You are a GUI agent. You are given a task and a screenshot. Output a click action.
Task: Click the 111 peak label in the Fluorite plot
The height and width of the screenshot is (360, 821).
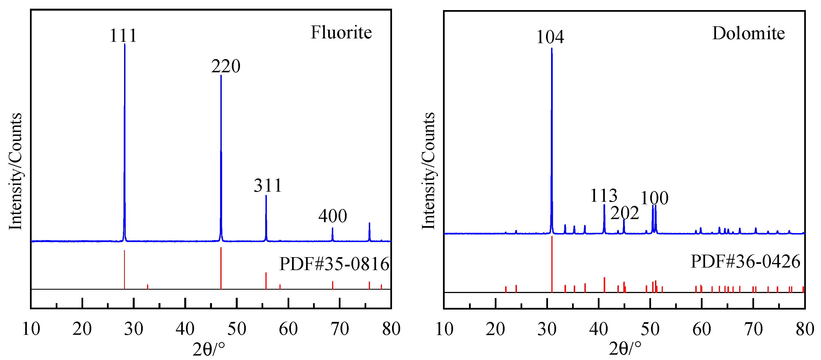click(123, 35)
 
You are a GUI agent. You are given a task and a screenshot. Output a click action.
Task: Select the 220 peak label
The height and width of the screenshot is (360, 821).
click(226, 66)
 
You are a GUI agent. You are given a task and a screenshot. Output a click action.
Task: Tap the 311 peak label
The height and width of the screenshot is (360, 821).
click(268, 185)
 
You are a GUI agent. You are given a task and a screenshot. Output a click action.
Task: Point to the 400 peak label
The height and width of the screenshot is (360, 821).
click(332, 216)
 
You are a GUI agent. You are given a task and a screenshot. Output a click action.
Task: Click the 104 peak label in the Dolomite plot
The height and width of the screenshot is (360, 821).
click(550, 37)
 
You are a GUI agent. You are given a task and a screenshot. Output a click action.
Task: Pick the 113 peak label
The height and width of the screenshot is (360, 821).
click(604, 196)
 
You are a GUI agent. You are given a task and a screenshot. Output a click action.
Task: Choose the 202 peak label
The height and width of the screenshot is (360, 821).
click(624, 213)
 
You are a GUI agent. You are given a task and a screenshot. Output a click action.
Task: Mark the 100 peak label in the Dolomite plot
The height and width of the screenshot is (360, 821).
click(654, 198)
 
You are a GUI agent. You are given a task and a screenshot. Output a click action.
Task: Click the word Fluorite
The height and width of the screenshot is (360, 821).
click(341, 32)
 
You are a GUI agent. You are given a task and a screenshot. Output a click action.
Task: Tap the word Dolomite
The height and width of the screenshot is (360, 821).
click(748, 34)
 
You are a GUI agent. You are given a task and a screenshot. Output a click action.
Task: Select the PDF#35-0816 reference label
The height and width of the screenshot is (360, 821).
click(334, 264)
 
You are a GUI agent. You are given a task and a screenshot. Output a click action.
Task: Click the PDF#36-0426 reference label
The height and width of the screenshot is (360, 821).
click(745, 261)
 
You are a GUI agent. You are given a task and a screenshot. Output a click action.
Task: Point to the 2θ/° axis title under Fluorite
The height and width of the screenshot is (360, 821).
click(209, 349)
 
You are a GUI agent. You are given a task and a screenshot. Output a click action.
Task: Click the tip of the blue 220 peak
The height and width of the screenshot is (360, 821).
click(221, 76)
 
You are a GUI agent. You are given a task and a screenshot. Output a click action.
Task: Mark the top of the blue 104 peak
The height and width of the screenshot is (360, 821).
click(552, 49)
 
